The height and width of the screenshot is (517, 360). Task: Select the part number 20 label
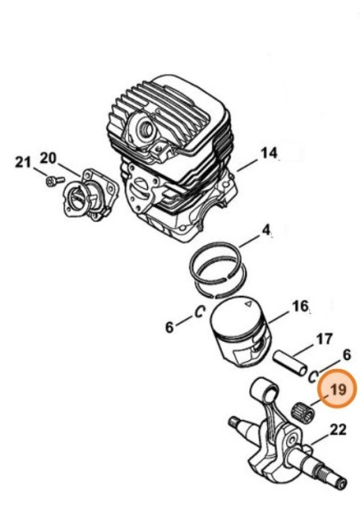pyautogui.click(x=48, y=158)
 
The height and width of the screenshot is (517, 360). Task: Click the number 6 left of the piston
pyautogui.click(x=169, y=328)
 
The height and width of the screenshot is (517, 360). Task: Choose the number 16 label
pyautogui.click(x=300, y=307)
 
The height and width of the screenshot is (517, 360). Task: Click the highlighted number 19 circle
pyautogui.click(x=338, y=390)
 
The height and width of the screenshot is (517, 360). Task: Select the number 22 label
pyautogui.click(x=338, y=431)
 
